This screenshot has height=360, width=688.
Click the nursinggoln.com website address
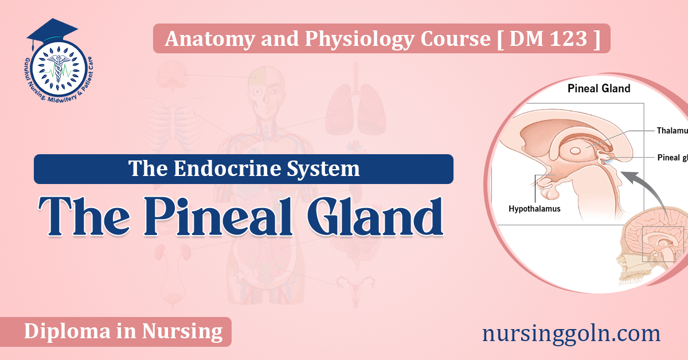click(x=571, y=333)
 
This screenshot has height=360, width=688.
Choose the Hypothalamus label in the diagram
click(x=534, y=209)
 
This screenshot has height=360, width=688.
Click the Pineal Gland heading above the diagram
click(x=599, y=88)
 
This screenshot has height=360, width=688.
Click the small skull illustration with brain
click(x=654, y=252)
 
